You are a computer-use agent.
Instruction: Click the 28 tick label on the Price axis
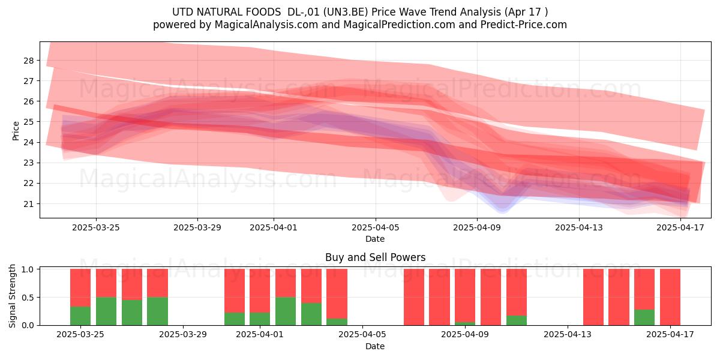[28, 61]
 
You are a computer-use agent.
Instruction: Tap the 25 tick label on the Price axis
[28, 122]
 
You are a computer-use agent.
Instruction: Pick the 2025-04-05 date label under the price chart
[376, 227]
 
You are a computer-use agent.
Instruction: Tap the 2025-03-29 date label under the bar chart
[183, 334]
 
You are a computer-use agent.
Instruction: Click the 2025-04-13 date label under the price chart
[579, 227]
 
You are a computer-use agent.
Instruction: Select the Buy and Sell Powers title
[375, 257]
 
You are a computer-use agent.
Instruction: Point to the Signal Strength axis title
[12, 296]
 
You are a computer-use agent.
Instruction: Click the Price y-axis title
[16, 131]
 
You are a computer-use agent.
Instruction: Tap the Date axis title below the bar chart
[375, 346]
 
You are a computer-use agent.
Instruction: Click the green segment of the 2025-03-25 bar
[80, 316]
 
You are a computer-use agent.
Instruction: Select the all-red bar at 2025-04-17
[670, 297]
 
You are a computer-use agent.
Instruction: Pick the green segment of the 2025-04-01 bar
[260, 319]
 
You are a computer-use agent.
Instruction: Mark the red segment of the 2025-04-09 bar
[465, 295]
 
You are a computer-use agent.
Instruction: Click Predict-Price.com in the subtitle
[524, 25]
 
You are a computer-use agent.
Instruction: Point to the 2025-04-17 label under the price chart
[680, 227]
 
